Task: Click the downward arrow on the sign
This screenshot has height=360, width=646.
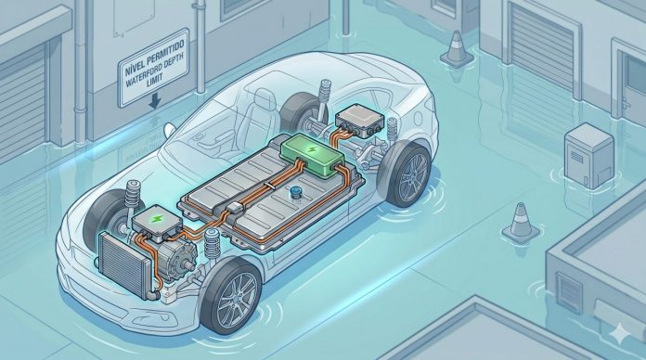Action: pyautogui.click(x=154, y=101)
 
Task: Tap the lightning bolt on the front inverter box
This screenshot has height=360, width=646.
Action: pyautogui.click(x=156, y=219)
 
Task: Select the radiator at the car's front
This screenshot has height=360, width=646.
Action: pyautogui.click(x=123, y=264)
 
